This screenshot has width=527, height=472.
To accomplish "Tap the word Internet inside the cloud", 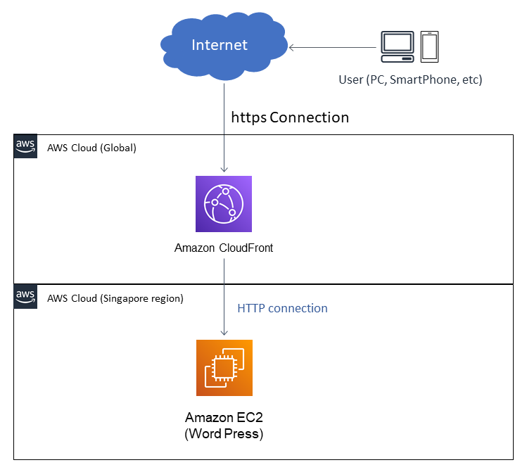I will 220,45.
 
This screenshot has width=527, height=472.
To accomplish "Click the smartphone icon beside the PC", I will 430,46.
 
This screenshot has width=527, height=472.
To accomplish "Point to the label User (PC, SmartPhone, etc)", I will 410,79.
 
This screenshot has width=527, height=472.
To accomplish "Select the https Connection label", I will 290,117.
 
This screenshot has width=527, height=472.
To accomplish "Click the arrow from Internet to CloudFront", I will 224,127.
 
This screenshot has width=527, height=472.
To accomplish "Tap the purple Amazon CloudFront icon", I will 224,204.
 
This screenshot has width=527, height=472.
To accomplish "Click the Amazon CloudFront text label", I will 224,248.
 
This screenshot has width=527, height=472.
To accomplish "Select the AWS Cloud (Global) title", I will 91,148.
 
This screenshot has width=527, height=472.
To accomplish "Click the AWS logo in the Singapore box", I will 26,296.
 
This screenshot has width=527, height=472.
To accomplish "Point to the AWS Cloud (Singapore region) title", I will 115,298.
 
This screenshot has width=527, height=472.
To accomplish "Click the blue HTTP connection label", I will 282,308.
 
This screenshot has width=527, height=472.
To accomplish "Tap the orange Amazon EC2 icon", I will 224,368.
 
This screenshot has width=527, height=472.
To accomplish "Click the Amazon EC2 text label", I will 224,418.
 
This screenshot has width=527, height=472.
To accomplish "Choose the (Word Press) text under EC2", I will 224,434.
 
